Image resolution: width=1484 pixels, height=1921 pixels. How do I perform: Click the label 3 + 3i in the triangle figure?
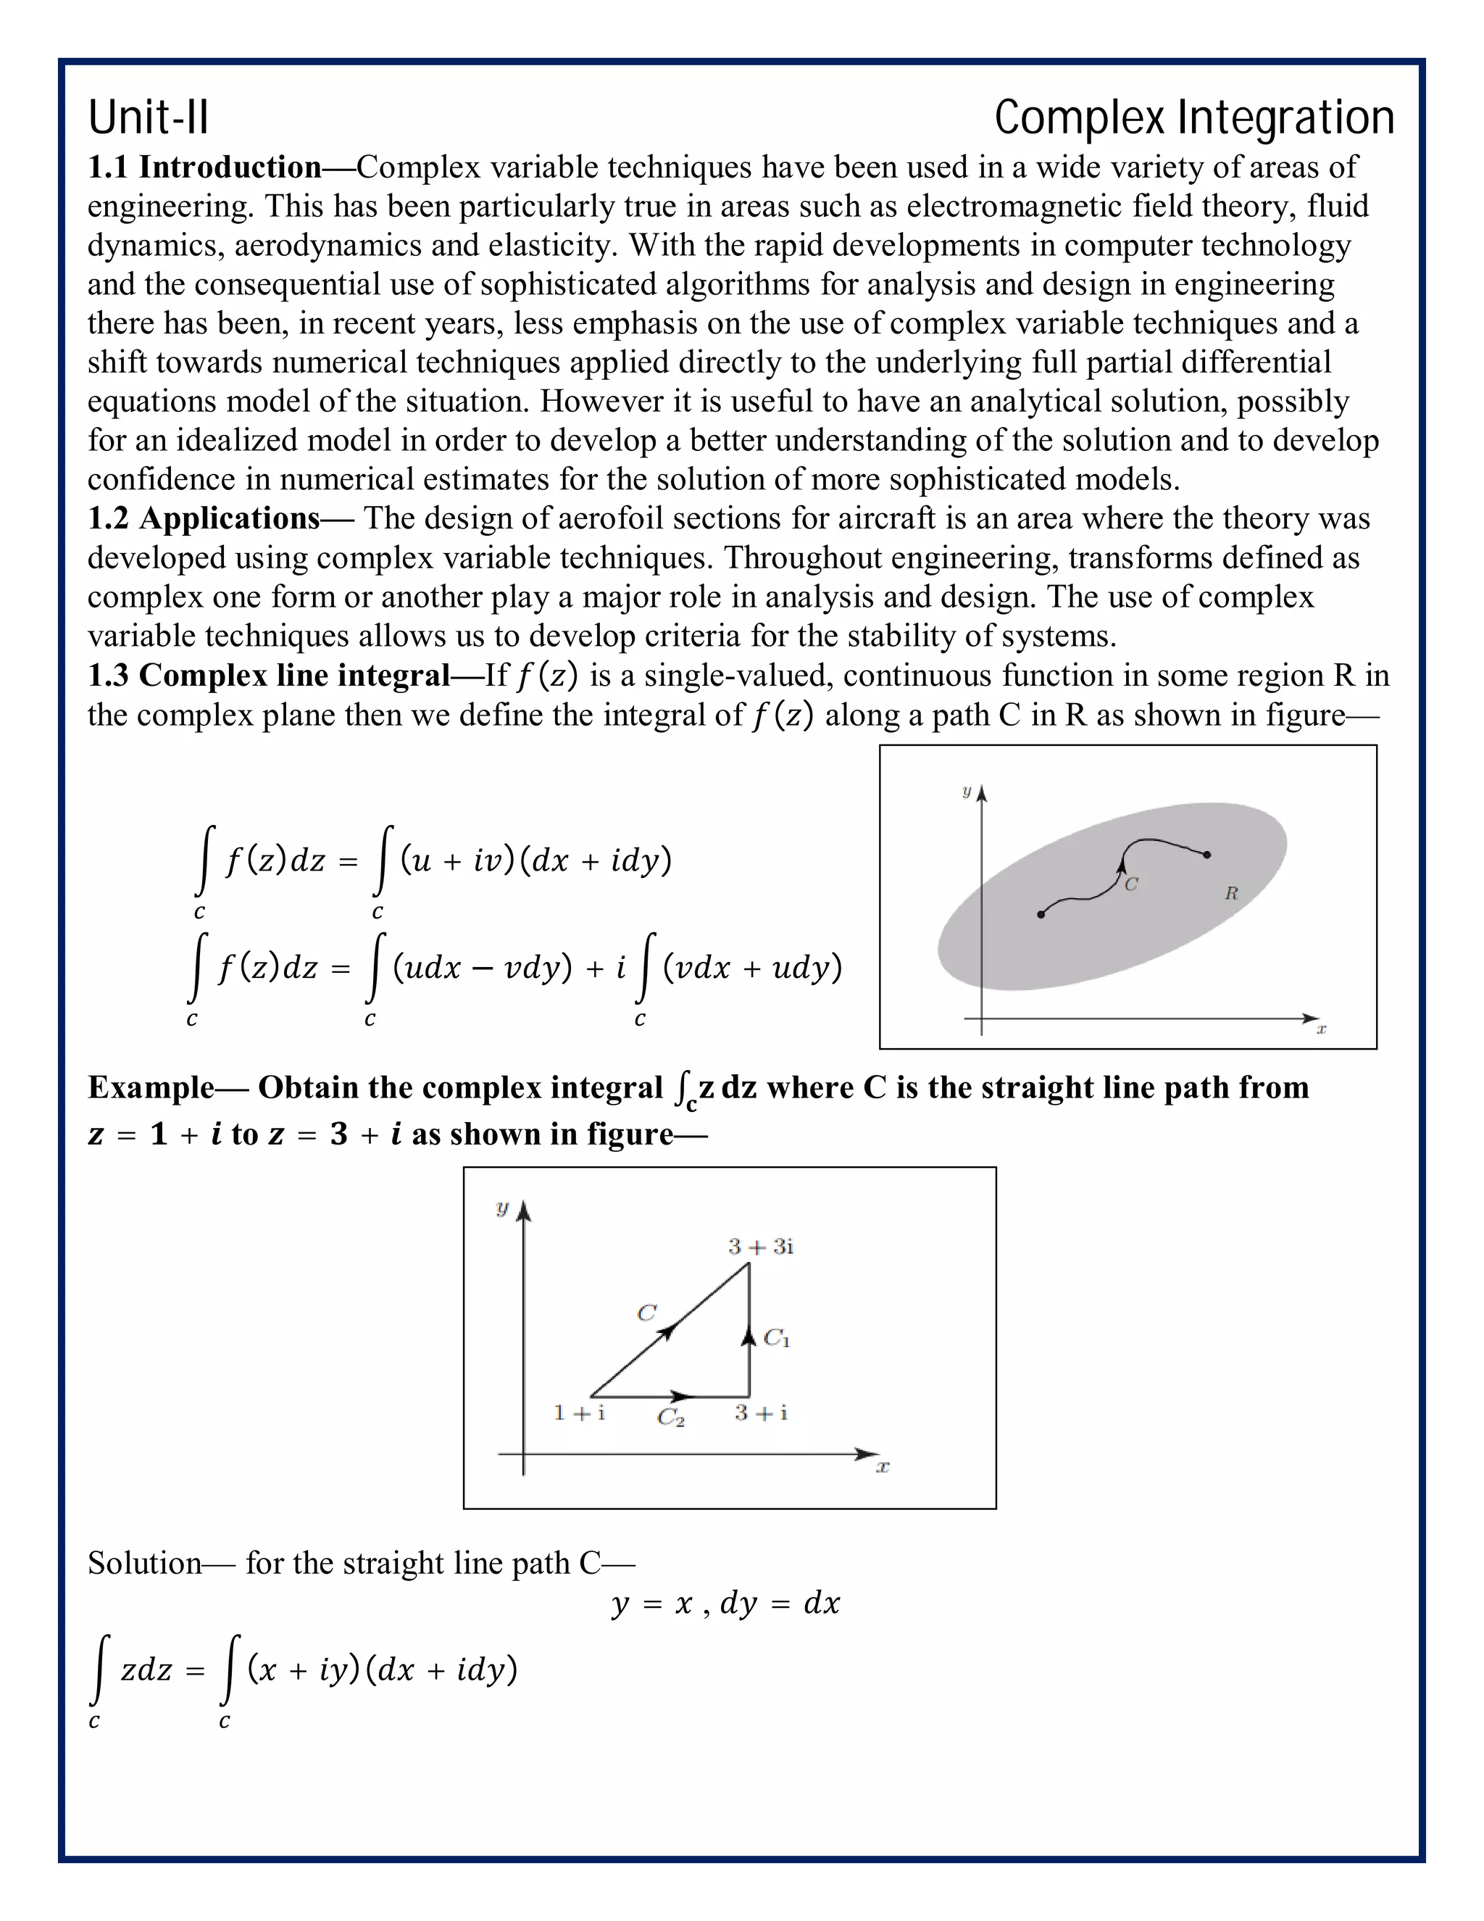point(760,1246)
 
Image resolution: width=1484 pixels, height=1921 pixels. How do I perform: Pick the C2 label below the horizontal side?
point(671,1417)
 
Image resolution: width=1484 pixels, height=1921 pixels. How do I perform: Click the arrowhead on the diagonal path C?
point(668,1332)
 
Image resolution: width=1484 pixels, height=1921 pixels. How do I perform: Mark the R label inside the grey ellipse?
point(1231,894)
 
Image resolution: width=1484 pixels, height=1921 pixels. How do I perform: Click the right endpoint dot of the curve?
point(1207,854)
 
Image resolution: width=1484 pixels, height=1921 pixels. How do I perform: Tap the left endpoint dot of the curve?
point(1041,915)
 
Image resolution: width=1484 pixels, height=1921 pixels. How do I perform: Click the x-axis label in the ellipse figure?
point(1320,1028)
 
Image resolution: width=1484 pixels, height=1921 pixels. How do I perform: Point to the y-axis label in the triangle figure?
point(502,1208)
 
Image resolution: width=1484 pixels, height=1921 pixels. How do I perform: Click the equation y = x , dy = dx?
point(725,1603)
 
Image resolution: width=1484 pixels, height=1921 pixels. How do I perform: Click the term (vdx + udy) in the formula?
point(753,968)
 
